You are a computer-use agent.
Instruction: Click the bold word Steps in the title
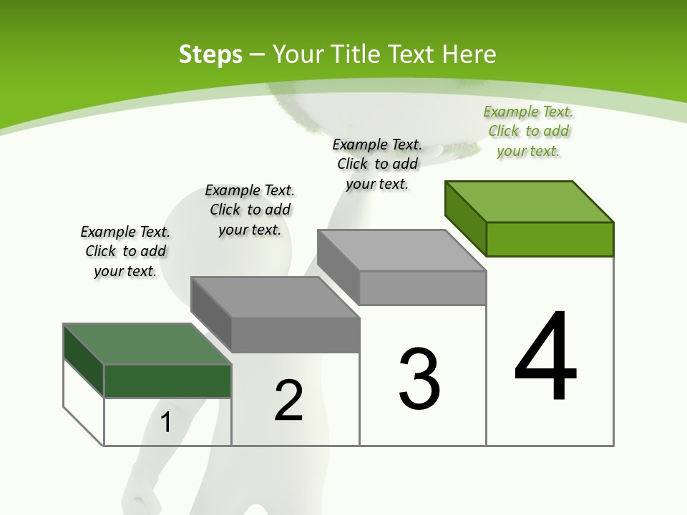coord(210,54)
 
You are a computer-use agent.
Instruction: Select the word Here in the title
coord(469,54)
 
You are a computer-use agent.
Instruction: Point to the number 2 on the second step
coord(288,401)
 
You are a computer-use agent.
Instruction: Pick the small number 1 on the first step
coord(166,423)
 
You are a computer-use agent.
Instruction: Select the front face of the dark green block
coord(167,381)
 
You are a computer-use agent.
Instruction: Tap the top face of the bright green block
coord(530,202)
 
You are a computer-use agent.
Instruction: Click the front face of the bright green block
coord(550,239)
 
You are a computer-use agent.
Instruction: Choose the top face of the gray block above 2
coord(275,297)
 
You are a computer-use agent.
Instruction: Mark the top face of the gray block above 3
coord(401,250)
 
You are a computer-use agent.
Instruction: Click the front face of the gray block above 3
coord(422,288)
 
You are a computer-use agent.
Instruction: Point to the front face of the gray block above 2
coord(296,335)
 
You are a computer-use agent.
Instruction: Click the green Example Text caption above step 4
coord(529,131)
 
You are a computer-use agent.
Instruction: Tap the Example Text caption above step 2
coord(250,210)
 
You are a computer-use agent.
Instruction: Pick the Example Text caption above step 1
coord(125,251)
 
